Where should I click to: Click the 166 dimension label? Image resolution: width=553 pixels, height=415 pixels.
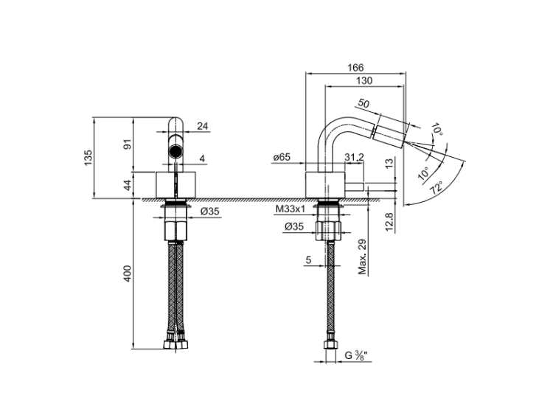(355, 67)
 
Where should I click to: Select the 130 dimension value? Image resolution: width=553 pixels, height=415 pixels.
(364, 81)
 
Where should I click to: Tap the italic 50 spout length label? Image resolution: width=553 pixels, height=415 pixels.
(364, 104)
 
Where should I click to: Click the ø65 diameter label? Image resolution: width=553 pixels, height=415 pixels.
(282, 157)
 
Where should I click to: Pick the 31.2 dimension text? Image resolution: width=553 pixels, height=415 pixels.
(354, 157)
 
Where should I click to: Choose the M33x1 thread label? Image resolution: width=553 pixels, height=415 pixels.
(291, 209)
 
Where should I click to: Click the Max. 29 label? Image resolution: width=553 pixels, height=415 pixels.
(362, 257)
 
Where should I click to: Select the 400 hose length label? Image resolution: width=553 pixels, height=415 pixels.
(128, 273)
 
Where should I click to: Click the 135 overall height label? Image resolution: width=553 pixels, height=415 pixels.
(88, 158)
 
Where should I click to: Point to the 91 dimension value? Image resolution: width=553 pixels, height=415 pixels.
(128, 144)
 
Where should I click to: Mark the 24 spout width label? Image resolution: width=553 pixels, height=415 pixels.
(203, 126)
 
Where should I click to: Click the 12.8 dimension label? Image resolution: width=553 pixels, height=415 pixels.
(389, 222)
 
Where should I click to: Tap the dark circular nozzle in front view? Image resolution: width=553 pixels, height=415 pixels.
(175, 151)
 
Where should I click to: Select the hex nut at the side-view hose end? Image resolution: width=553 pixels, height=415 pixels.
(330, 344)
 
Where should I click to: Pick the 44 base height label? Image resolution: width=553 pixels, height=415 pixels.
(128, 185)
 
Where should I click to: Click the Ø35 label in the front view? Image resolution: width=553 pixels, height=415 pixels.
(210, 212)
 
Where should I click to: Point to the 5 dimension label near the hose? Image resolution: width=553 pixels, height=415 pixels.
(309, 260)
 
